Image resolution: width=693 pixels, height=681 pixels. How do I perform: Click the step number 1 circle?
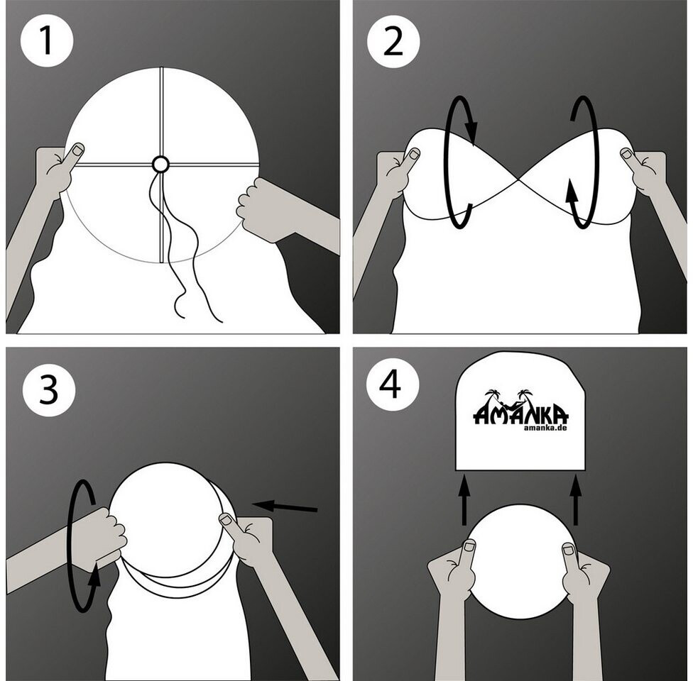coord(46,41)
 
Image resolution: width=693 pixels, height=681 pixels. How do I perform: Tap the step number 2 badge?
coord(393,41)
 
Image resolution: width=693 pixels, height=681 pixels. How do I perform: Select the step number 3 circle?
coord(49,390)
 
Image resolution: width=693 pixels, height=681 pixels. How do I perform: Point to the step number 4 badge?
coord(393,385)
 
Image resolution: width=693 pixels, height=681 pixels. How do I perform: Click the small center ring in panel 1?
coord(160,165)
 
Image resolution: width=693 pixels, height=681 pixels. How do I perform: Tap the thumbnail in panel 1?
coord(78,150)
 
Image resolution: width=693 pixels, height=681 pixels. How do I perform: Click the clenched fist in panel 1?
coord(251,204)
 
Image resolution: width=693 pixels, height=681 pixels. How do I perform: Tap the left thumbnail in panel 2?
coord(414,154)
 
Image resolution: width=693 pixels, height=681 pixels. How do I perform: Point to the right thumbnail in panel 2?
coord(627,154)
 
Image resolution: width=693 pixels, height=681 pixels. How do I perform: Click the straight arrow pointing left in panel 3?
coord(285,506)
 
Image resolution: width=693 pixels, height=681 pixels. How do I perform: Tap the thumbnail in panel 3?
coord(228,520)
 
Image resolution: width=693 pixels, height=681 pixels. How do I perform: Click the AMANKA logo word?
coord(520,414)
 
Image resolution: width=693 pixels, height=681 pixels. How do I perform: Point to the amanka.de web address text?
coord(545,428)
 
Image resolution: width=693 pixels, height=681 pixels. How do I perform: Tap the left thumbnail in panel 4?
coord(469,548)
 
